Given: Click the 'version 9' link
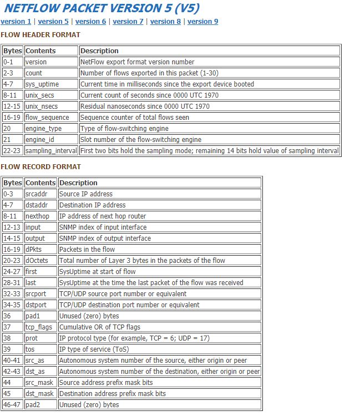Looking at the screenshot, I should point(202,22).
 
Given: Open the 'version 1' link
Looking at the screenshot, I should point(16,22).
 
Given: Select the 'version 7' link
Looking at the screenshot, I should point(128,22).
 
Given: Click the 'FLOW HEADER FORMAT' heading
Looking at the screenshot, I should point(40,34).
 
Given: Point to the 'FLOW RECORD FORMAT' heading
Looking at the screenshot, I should point(40,166).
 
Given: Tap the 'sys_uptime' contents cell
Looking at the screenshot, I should point(42,84).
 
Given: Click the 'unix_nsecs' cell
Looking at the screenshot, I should point(42,106).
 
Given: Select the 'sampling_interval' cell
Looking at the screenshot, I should point(51,151).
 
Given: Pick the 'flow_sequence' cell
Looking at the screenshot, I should point(47,118).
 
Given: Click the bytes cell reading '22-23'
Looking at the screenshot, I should point(12,151).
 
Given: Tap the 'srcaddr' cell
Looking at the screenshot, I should point(38,194).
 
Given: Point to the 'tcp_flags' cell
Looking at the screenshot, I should point(39,327).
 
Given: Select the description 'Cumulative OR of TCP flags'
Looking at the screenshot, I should point(100,327).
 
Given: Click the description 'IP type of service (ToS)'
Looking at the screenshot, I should point(96,349).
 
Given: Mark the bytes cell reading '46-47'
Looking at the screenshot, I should point(12,405).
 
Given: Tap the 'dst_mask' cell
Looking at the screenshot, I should point(39,394).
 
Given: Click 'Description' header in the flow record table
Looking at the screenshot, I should point(78,183).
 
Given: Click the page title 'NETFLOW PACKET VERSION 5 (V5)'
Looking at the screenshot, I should point(102,8).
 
